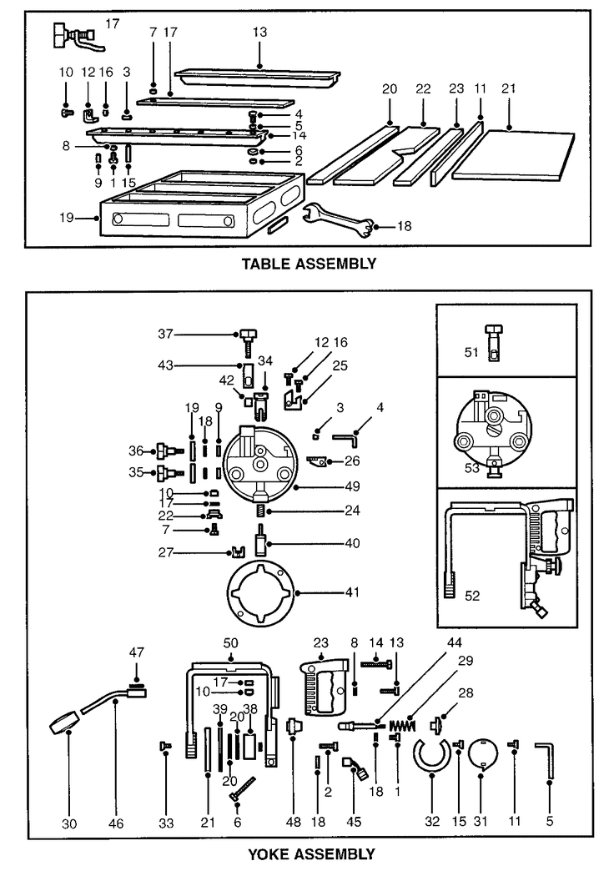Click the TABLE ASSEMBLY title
(x=309, y=264)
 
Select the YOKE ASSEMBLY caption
(x=311, y=853)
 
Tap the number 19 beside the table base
(x=67, y=218)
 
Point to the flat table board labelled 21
(x=513, y=155)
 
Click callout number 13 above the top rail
(x=259, y=33)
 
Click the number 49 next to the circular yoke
(x=352, y=486)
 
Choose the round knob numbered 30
(x=66, y=722)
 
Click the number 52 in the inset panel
(x=471, y=596)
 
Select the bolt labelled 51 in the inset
(x=493, y=343)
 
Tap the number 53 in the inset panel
(x=471, y=468)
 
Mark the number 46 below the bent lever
(x=116, y=823)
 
